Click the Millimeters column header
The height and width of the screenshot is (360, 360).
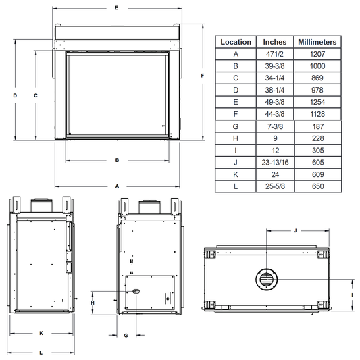(x=317, y=42)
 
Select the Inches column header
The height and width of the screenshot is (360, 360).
(x=275, y=42)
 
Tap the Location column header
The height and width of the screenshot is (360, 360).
(x=236, y=42)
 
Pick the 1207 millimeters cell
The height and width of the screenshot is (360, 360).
(x=317, y=54)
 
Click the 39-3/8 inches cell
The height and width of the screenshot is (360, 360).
(x=275, y=66)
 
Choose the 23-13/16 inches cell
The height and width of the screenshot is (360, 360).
(x=275, y=163)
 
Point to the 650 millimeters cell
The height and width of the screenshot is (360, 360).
(x=317, y=186)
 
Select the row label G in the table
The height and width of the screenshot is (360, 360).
(x=236, y=126)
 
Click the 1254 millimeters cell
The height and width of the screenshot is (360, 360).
(x=317, y=102)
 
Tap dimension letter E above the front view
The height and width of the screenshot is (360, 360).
(x=117, y=8)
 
